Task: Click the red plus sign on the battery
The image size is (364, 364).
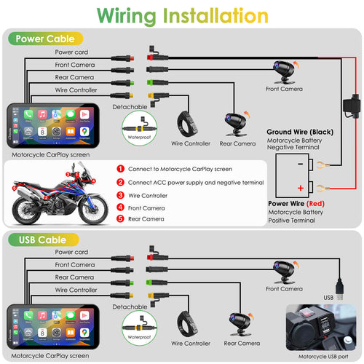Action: click(300, 188)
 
